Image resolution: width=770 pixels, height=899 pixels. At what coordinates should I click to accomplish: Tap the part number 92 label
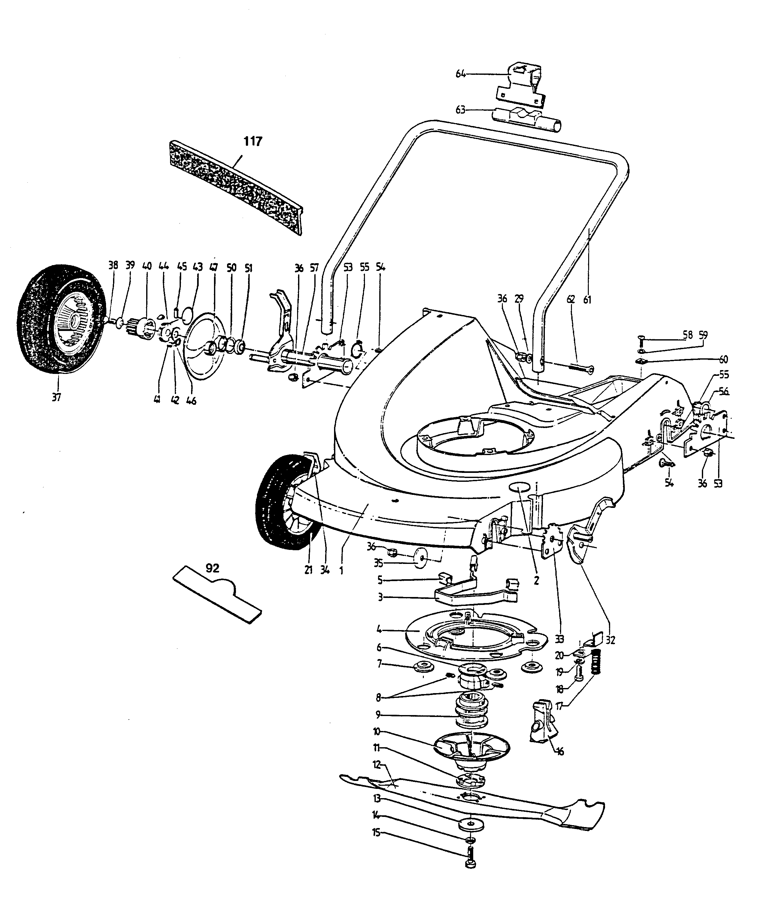(x=212, y=568)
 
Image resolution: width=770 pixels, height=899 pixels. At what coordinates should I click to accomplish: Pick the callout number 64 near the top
(x=460, y=74)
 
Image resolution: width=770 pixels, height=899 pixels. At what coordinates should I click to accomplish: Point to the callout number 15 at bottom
(x=376, y=833)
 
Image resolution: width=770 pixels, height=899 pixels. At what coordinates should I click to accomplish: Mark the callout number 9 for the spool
(x=377, y=714)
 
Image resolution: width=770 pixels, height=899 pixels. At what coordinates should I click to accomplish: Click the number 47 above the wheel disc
(x=214, y=267)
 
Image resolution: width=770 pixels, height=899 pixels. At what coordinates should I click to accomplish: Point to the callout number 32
(x=610, y=640)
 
